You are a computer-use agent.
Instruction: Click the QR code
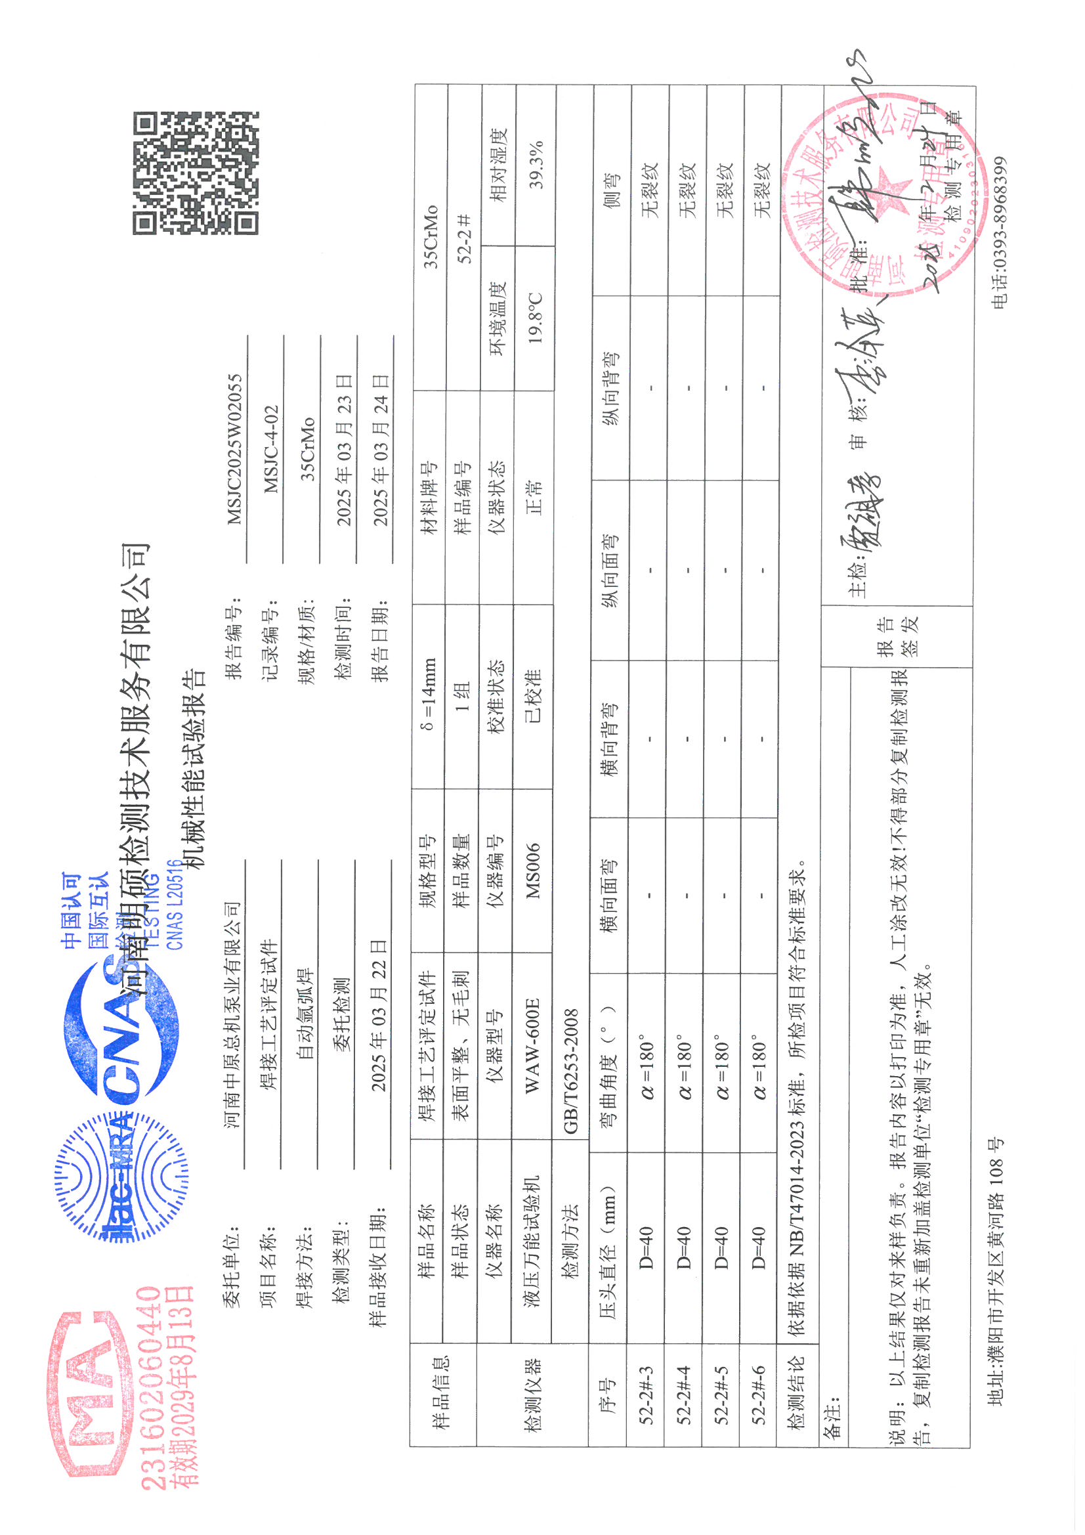click(x=195, y=173)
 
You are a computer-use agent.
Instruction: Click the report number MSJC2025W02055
click(x=234, y=448)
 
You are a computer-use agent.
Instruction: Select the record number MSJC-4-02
click(x=270, y=448)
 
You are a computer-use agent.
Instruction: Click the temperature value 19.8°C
click(x=536, y=318)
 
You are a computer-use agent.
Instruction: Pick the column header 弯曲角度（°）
click(x=609, y=1056)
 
